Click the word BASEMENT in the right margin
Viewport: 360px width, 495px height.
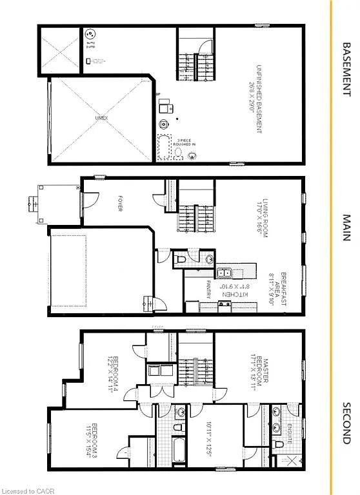coord(346,70)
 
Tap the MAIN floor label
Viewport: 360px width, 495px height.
coord(346,228)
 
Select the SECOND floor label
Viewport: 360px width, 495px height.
coord(346,423)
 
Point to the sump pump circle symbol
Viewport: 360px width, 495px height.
coord(90,35)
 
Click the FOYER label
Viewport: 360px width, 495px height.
coord(119,204)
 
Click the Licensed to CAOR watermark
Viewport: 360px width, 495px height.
coord(25,490)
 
